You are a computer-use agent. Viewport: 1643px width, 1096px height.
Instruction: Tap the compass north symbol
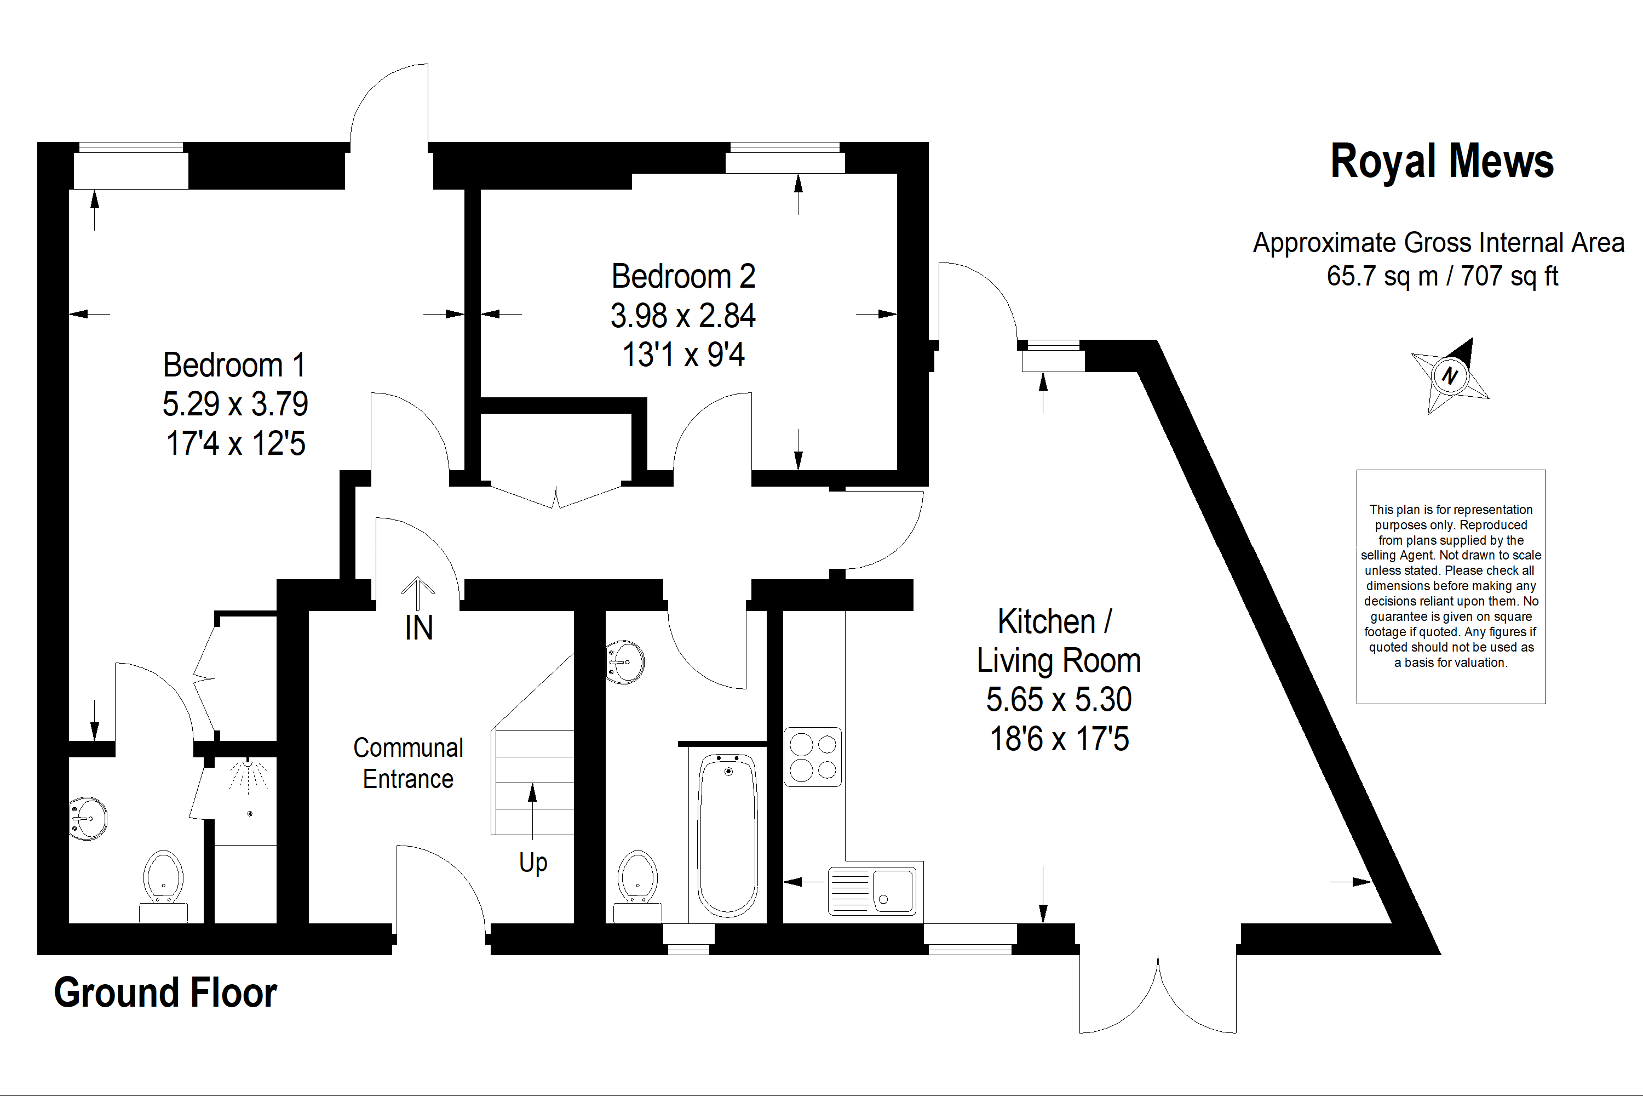(x=1450, y=375)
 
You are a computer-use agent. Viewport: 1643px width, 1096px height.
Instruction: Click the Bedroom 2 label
(x=683, y=276)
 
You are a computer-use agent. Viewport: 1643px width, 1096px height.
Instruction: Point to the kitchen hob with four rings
(x=812, y=757)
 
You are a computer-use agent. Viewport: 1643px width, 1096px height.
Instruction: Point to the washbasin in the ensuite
(x=89, y=818)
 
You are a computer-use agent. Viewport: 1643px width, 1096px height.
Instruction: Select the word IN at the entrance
(x=418, y=627)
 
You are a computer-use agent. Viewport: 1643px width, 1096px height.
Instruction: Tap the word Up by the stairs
(x=533, y=863)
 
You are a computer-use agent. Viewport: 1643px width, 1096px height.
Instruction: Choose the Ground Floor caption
(x=165, y=992)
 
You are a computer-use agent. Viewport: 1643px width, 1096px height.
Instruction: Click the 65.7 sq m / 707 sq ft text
(x=1442, y=276)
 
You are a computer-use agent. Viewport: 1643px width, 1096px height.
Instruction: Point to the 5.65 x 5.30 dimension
(x=1058, y=699)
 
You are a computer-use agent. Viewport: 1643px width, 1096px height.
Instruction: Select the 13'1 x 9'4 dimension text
(x=683, y=355)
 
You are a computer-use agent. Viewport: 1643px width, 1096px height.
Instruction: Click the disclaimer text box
(x=1450, y=586)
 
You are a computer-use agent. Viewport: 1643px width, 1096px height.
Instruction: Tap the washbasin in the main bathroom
(x=626, y=661)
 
